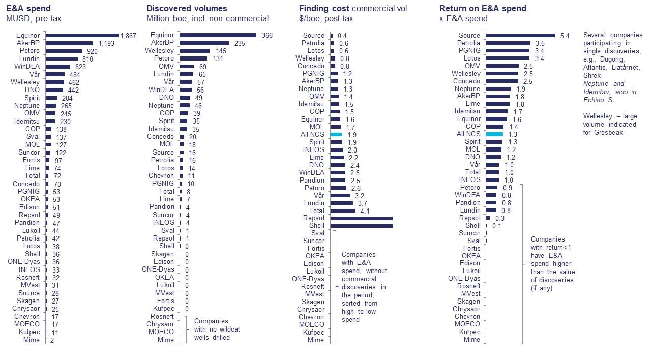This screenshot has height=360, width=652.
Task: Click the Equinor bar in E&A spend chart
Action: click(82, 36)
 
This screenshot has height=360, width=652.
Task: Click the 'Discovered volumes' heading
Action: click(187, 9)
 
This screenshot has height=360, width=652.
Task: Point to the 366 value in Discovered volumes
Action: click(268, 36)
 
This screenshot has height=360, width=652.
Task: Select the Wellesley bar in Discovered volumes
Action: click(195, 51)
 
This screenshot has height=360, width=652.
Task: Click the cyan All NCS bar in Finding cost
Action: click(336, 134)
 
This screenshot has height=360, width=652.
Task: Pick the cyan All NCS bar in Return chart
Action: click(494, 134)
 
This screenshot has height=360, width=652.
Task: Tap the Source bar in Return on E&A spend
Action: click(520, 36)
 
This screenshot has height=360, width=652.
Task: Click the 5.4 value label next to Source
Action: click(565, 36)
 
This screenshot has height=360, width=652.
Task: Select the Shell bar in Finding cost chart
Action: click(361, 226)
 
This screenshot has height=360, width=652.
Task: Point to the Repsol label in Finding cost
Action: click(313, 218)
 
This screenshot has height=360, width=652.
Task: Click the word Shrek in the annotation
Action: click(592, 75)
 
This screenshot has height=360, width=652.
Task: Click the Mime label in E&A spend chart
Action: click(31, 340)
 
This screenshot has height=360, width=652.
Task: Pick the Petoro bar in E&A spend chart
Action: click(64, 51)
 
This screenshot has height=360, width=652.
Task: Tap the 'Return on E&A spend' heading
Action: click(483, 9)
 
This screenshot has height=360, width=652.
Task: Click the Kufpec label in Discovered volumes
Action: click(163, 308)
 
